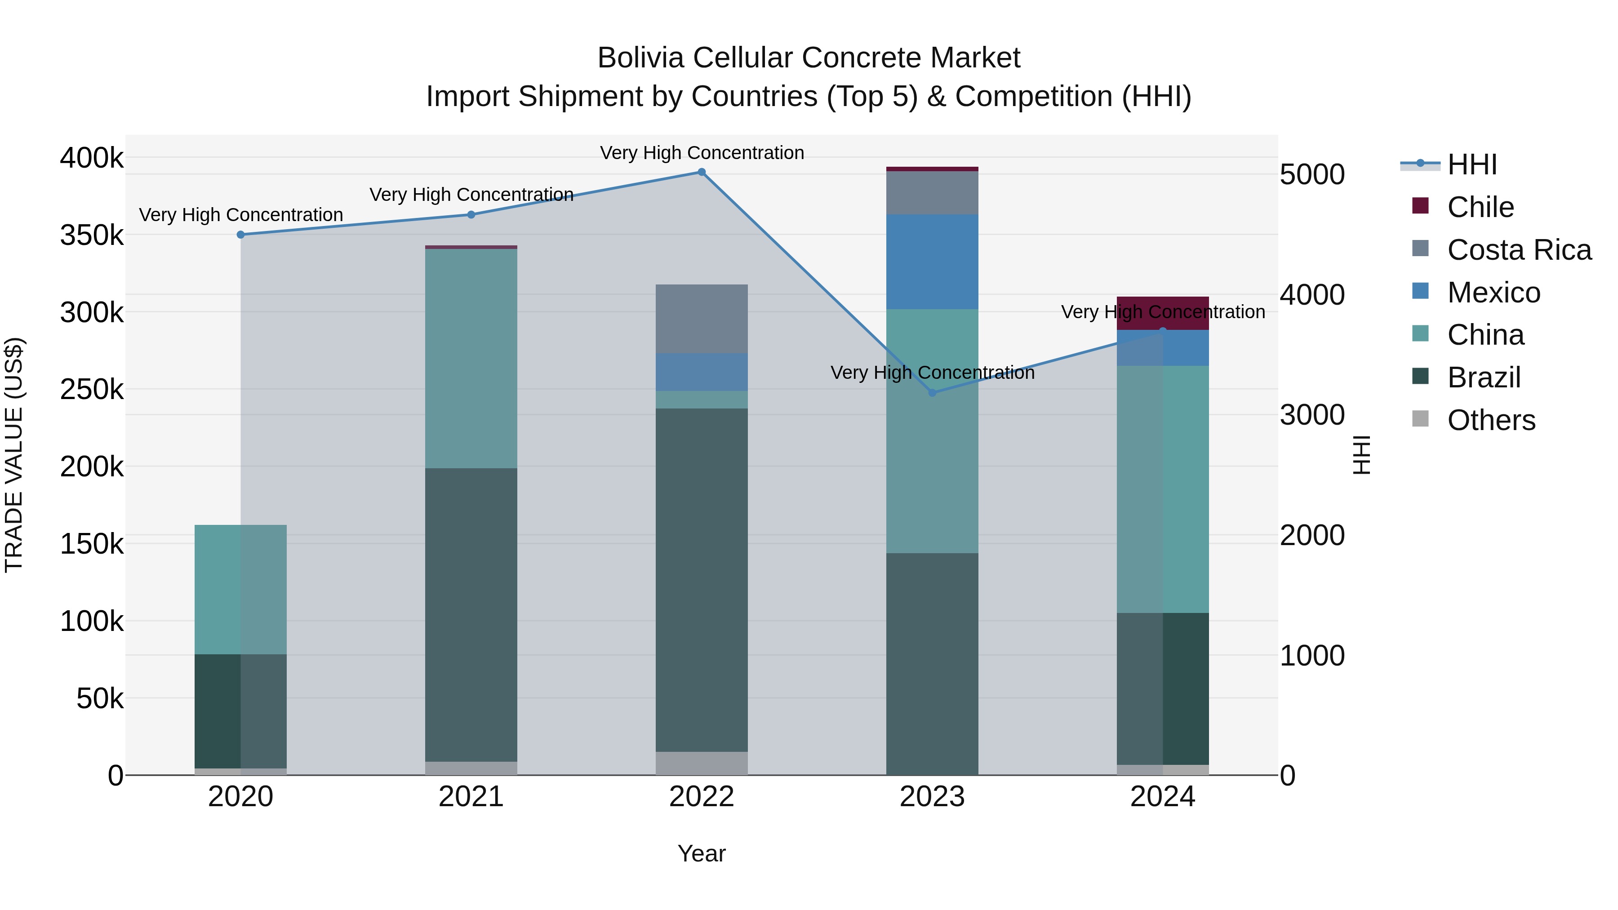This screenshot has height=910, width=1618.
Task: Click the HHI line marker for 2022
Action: tap(702, 172)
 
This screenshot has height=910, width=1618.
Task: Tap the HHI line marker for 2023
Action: tap(932, 392)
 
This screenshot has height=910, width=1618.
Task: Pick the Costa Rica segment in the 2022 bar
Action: tap(702, 319)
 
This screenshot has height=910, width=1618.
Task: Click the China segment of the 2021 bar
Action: tap(471, 358)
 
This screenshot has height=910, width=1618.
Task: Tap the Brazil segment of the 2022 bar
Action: tap(702, 579)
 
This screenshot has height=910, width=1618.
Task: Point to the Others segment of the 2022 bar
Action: tap(702, 763)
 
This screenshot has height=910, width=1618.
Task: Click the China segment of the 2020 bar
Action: tap(240, 589)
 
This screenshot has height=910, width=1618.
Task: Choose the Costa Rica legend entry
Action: tap(1519, 250)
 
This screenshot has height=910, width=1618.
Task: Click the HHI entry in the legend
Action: tap(1471, 164)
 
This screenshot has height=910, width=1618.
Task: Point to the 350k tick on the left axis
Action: tap(92, 235)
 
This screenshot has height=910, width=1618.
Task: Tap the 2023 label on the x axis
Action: tap(932, 797)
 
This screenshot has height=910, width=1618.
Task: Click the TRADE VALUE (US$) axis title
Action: tap(14, 455)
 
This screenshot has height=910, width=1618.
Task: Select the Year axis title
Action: tap(702, 853)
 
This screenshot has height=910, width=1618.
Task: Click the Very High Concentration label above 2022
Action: tap(702, 153)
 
